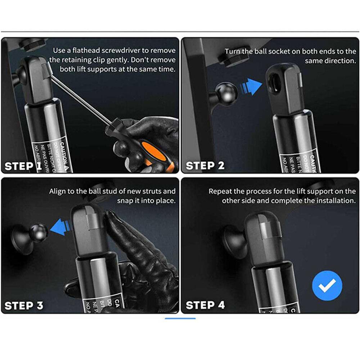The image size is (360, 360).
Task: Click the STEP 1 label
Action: [23, 166]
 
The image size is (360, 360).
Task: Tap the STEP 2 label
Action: [205, 166]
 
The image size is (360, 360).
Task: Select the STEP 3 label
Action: [24, 306]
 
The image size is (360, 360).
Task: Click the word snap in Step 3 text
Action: [125, 201]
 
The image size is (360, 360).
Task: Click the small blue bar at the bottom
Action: [180, 318]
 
